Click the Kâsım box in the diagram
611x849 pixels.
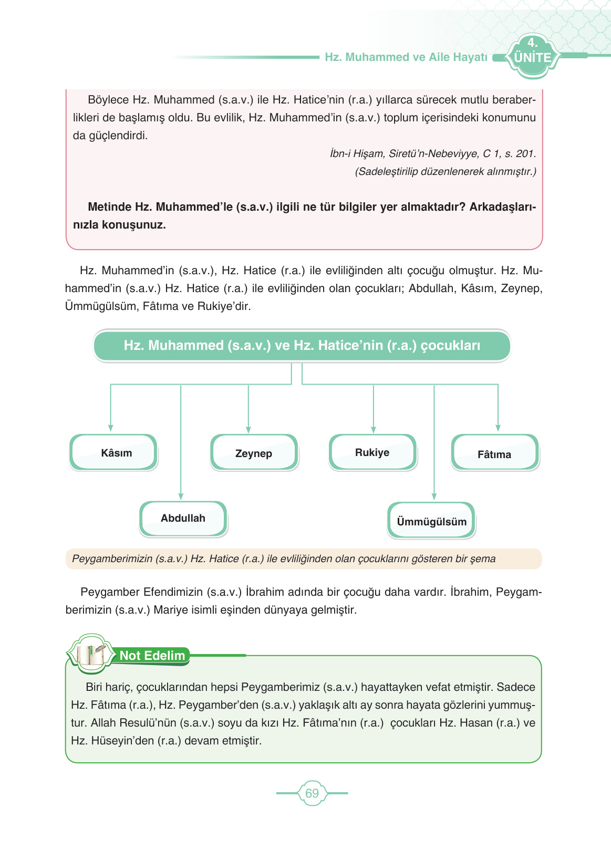[x=113, y=452]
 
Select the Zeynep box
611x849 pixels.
[x=254, y=453]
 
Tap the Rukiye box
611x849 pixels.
[x=372, y=452]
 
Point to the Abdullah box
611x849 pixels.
[x=183, y=519]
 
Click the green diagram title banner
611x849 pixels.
[x=302, y=346]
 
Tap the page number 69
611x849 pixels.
[x=312, y=793]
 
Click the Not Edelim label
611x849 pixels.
[x=152, y=656]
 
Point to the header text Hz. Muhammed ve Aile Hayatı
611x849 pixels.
[x=406, y=57]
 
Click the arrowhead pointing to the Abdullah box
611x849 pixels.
[x=181, y=496]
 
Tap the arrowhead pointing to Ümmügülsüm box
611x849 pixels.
[x=434, y=496]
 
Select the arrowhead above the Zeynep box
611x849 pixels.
[x=248, y=429]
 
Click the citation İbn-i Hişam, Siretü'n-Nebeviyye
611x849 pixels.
[x=433, y=154]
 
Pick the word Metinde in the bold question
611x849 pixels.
[x=109, y=207]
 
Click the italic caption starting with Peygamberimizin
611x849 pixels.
[x=284, y=559]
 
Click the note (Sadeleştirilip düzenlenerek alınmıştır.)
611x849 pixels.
[x=446, y=172]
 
